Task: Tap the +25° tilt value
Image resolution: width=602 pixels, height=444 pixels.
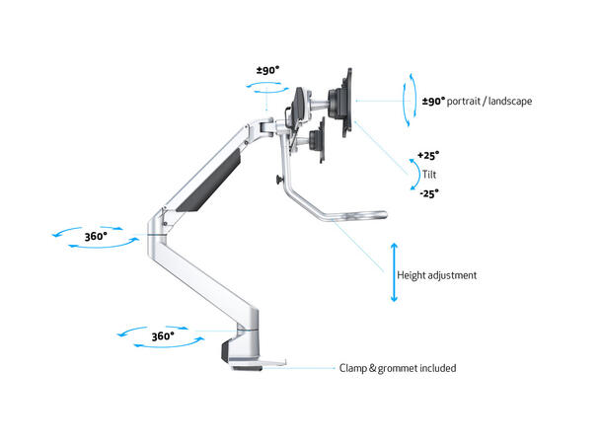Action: click(427, 156)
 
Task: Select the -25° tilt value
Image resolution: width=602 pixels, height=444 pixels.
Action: click(427, 193)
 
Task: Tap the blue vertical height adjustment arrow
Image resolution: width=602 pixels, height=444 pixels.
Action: click(394, 271)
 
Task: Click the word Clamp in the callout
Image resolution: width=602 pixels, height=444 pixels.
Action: click(356, 368)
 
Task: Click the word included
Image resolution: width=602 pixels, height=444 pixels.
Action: click(437, 368)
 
